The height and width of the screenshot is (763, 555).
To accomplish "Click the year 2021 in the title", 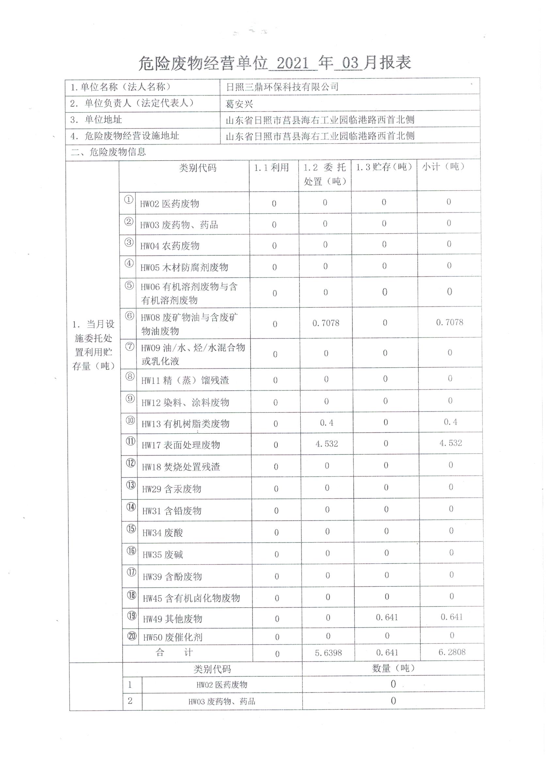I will pyautogui.click(x=292, y=63).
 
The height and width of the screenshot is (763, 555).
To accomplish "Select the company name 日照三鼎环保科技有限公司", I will pyautogui.click(x=282, y=87).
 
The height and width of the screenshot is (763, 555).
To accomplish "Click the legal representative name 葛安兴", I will pyautogui.click(x=239, y=104).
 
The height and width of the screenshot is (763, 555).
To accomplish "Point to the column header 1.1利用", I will pyautogui.click(x=271, y=167).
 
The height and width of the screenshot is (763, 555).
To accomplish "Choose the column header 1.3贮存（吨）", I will pyautogui.click(x=384, y=167).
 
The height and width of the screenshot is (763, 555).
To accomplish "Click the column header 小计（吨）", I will pyautogui.click(x=443, y=166).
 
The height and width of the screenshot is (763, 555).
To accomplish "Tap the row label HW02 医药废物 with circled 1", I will pyautogui.click(x=170, y=204).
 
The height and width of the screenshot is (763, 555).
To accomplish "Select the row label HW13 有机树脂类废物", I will pyautogui.click(x=185, y=424).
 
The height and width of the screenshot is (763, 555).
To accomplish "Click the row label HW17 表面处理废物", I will pyautogui.click(x=181, y=445).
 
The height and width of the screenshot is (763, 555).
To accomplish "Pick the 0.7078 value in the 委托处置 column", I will pyautogui.click(x=325, y=323).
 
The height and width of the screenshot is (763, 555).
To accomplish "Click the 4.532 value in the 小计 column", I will pyautogui.click(x=450, y=443).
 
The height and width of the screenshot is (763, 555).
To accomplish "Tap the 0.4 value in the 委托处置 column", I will pyautogui.click(x=326, y=423).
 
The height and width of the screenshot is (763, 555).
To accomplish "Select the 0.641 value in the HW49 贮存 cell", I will pyautogui.click(x=387, y=617).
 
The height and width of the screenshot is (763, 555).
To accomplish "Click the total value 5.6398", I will pyautogui.click(x=328, y=653).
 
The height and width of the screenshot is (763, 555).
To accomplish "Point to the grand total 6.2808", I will pyautogui.click(x=452, y=652).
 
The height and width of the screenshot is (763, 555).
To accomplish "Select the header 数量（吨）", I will pyautogui.click(x=393, y=668).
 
